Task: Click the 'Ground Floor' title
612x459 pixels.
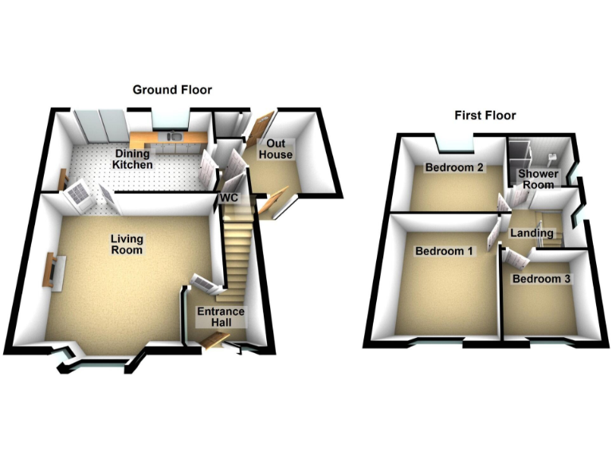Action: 172,89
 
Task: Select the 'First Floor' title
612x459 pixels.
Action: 484,116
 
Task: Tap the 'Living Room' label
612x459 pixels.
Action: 127,244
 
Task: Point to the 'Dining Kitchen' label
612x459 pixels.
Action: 132,159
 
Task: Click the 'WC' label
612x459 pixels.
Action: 229,196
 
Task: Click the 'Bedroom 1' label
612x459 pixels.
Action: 444,251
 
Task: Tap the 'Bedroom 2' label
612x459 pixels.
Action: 454,168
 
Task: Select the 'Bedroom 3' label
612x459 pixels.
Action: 541,279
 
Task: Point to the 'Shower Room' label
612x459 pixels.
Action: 537,179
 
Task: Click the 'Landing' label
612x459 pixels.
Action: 532,233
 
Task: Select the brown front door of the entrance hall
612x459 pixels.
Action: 213,341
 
